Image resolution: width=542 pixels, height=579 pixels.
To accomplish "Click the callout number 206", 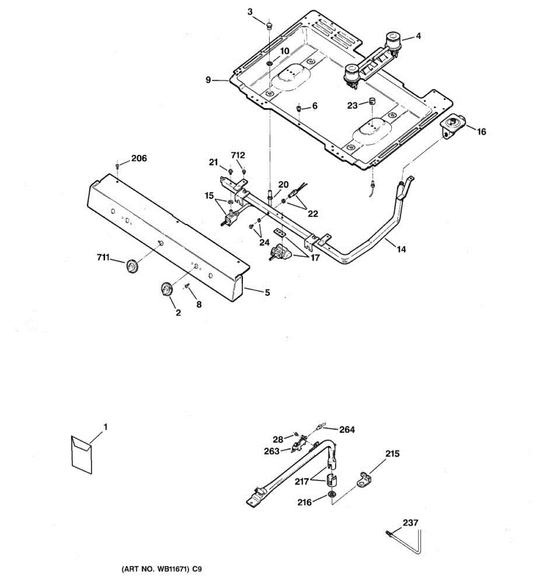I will tap(139, 159).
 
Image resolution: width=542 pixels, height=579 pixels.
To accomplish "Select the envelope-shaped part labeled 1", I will tap(80, 452).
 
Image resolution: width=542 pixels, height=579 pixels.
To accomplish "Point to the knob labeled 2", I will tap(166, 289).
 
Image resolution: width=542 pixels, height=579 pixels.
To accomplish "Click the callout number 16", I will tap(481, 131).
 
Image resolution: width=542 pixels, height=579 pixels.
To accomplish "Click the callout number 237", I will tap(410, 522).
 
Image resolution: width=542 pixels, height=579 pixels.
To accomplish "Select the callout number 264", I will tap(347, 429).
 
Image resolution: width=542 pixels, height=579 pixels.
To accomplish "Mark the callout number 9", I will tap(208, 80).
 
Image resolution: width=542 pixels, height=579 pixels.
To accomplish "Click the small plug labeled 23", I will tap(372, 101).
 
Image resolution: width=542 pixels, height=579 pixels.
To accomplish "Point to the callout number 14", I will tap(401, 249).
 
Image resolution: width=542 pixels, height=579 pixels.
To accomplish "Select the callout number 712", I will tap(238, 155).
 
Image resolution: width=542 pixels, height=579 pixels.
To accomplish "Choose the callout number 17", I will tap(315, 258).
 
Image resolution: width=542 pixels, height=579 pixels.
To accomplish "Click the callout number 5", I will tap(267, 292).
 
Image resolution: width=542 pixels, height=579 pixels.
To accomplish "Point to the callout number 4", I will tap(418, 36).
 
